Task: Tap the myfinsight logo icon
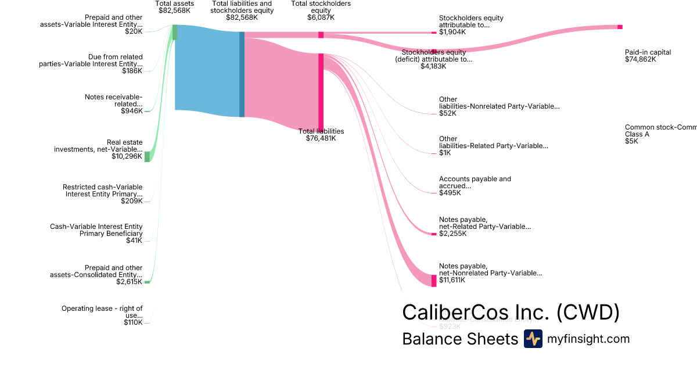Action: (x=533, y=339)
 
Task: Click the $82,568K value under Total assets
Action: (x=174, y=10)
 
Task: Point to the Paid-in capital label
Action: (x=648, y=52)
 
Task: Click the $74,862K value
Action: (x=640, y=59)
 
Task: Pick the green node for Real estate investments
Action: (x=147, y=156)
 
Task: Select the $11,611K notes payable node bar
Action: (x=433, y=281)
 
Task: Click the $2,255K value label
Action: (x=452, y=234)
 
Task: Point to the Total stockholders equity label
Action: (x=321, y=6)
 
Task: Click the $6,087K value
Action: (x=321, y=17)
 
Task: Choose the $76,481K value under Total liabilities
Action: (x=321, y=138)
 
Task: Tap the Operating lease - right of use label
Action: (x=102, y=312)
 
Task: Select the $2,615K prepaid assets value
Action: (x=129, y=282)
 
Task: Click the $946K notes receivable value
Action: (x=131, y=111)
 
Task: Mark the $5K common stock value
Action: (x=631, y=141)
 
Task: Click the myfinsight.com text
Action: (x=588, y=339)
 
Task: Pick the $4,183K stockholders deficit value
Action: (x=433, y=66)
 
